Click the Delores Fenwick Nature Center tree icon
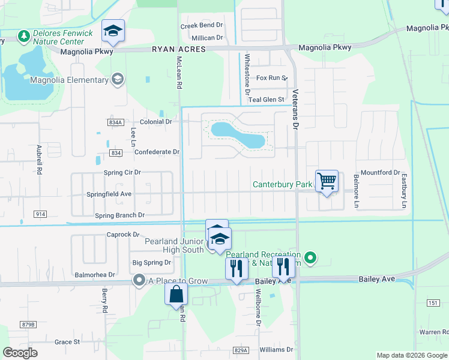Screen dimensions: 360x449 pyautogui.click(x=24, y=37)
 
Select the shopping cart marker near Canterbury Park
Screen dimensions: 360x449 pyautogui.click(x=327, y=181)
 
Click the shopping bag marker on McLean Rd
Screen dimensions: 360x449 pyautogui.click(x=176, y=295)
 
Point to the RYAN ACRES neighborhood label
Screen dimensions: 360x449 pyautogui.click(x=178, y=50)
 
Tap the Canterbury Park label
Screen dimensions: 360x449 pyautogui.click(x=282, y=184)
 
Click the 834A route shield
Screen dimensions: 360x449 pyautogui.click(x=116, y=122)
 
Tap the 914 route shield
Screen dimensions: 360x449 pyautogui.click(x=40, y=214)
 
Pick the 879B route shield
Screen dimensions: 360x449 pyautogui.click(x=28, y=325)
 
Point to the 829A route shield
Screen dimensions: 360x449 pyautogui.click(x=241, y=350)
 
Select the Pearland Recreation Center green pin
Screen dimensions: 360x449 pyautogui.click(x=310, y=259)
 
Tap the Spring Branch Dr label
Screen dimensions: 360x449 pyautogui.click(x=120, y=215)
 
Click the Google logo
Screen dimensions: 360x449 pyautogui.click(x=20, y=353)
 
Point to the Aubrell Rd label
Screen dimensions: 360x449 pyautogui.click(x=40, y=159)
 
